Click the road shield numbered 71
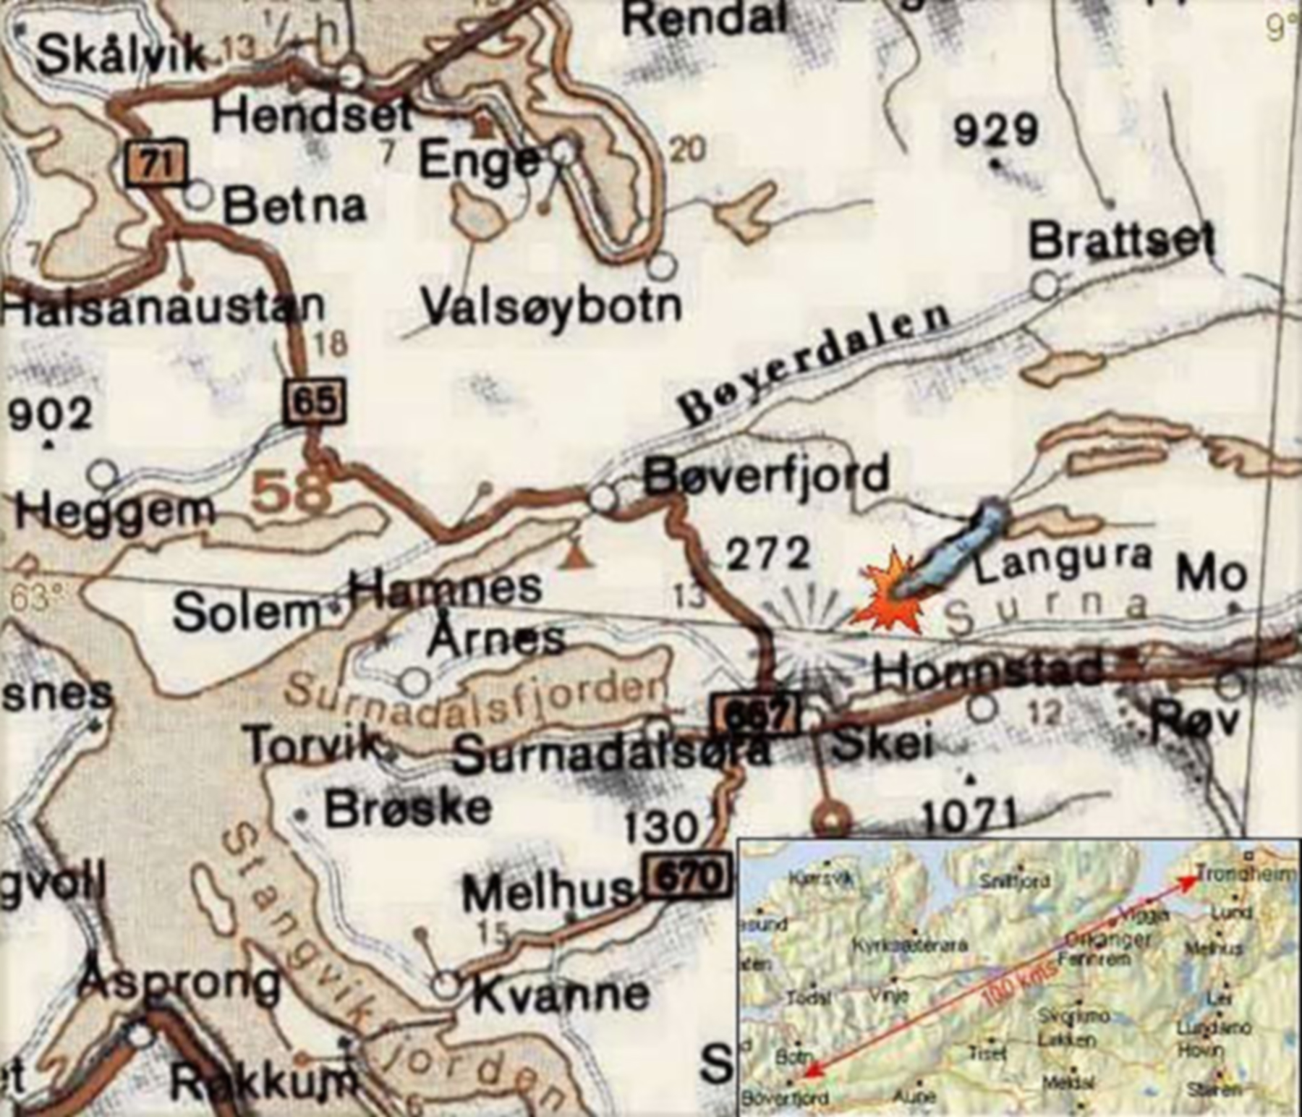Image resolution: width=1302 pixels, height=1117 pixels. tap(156, 164)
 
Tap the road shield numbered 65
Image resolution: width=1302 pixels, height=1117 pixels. tap(314, 400)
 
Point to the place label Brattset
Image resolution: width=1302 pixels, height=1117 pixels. tap(1122, 242)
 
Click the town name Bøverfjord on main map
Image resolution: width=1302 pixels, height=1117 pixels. tap(766, 476)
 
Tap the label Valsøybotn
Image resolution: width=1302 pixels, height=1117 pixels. tap(552, 307)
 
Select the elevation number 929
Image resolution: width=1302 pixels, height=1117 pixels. tap(995, 131)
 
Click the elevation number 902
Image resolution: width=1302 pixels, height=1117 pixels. tap(51, 415)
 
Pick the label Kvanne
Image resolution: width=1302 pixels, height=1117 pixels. tap(561, 995)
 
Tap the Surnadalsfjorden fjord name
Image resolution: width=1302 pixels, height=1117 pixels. tap(474, 697)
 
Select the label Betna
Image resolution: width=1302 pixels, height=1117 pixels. tap(294, 206)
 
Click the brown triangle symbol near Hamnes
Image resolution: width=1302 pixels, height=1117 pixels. tap(575, 558)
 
